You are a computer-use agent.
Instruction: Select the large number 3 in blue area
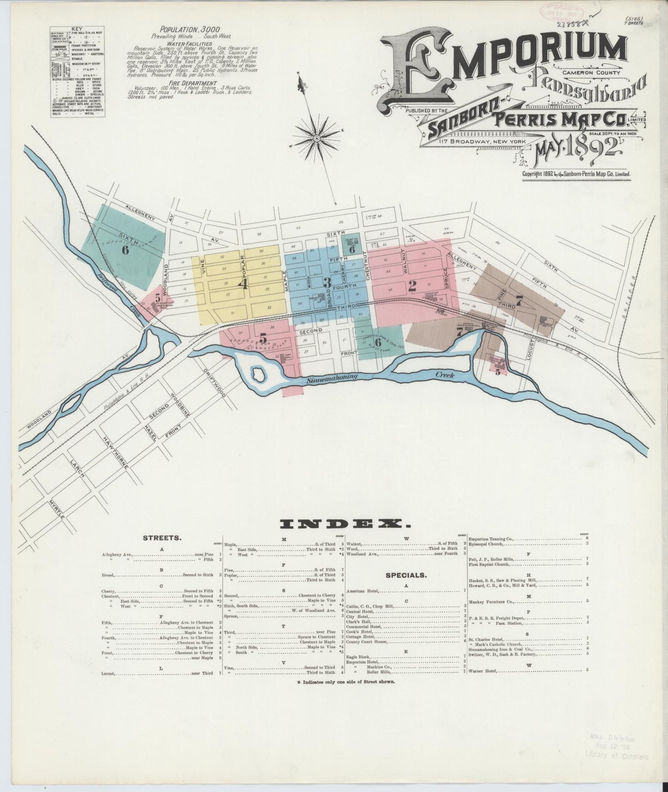pyautogui.click(x=327, y=282)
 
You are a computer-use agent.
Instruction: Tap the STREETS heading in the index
pyautogui.click(x=162, y=538)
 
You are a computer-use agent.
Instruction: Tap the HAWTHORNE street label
pyautogui.click(x=115, y=453)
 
